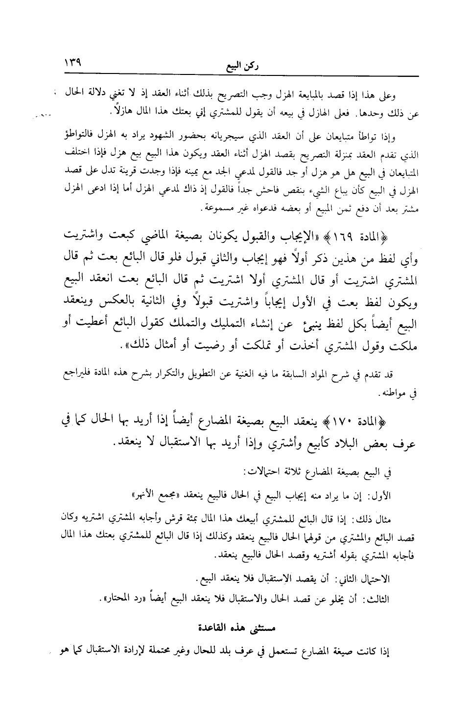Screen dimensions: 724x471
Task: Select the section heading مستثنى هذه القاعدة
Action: [237, 627]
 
